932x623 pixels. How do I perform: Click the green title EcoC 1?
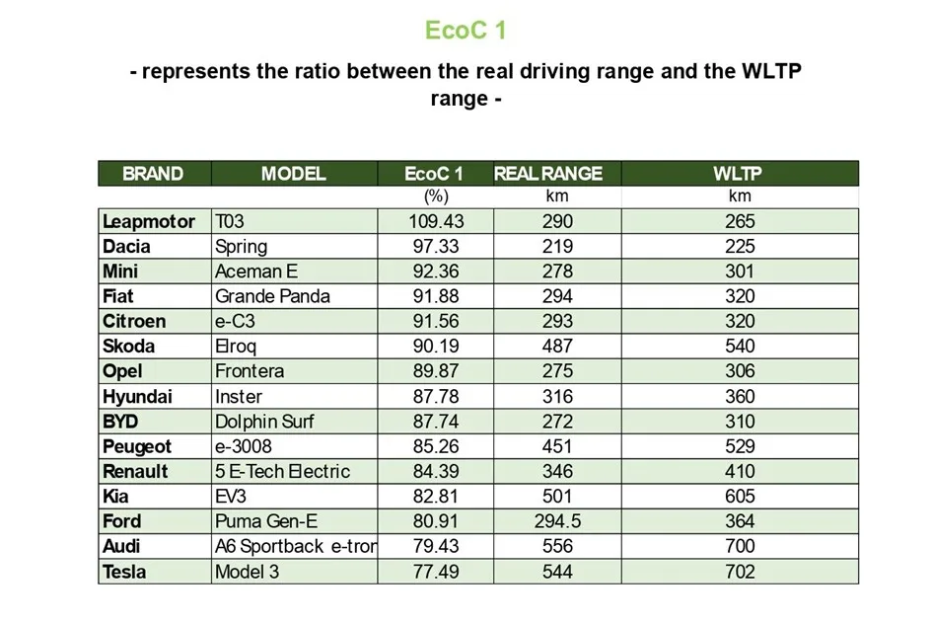[x=466, y=31]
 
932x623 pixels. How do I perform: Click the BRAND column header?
[x=153, y=174]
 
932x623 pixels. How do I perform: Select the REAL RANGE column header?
[x=547, y=174]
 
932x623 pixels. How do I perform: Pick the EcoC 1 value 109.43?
[x=436, y=221]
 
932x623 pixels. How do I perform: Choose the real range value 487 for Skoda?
[x=557, y=347]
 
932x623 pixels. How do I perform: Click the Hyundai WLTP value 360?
[x=739, y=397]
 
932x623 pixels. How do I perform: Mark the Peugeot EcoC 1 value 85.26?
[x=436, y=446]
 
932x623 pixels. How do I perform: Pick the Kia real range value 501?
[x=557, y=497]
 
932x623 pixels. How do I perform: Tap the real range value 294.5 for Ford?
[x=557, y=521]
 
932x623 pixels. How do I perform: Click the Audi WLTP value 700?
[x=739, y=546]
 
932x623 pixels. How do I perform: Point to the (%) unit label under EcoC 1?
[x=436, y=196]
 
